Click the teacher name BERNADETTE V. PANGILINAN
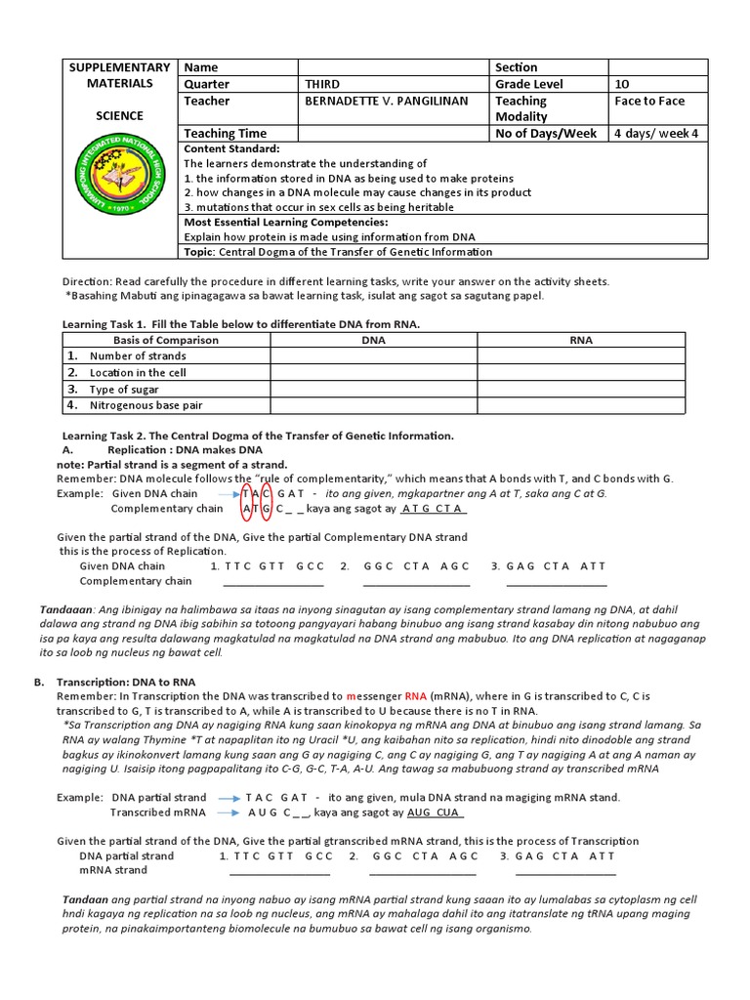pos(387,101)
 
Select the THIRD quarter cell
pos(322,84)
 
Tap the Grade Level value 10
pos(622,84)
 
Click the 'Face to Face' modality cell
pos(649,101)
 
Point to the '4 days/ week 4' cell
pos(656,133)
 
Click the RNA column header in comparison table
pos(581,340)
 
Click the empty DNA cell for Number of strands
pos(374,356)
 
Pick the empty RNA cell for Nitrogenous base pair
pos(581,405)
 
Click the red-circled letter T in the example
pos(247,493)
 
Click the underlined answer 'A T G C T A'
pos(434,509)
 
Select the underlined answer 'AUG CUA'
pos(435,812)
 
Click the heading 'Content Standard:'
pos(231,148)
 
